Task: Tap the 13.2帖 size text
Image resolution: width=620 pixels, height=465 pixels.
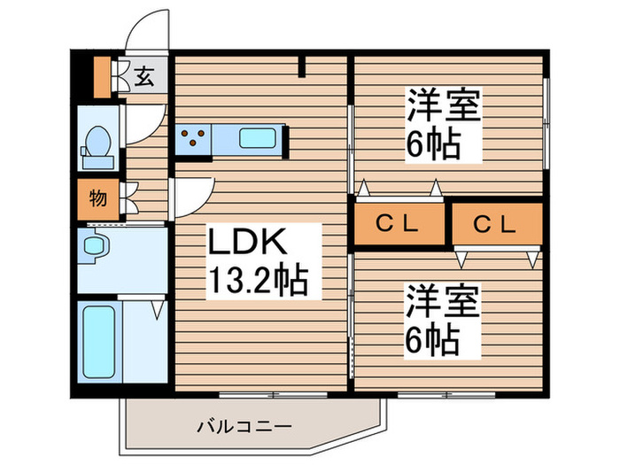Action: tap(259, 283)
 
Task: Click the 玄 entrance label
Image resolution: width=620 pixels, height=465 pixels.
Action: tap(143, 77)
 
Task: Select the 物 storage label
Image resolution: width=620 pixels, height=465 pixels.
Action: tap(97, 198)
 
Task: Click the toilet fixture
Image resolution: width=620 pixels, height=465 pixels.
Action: tap(97, 145)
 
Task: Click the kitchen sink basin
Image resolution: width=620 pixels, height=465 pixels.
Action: tap(258, 138)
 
